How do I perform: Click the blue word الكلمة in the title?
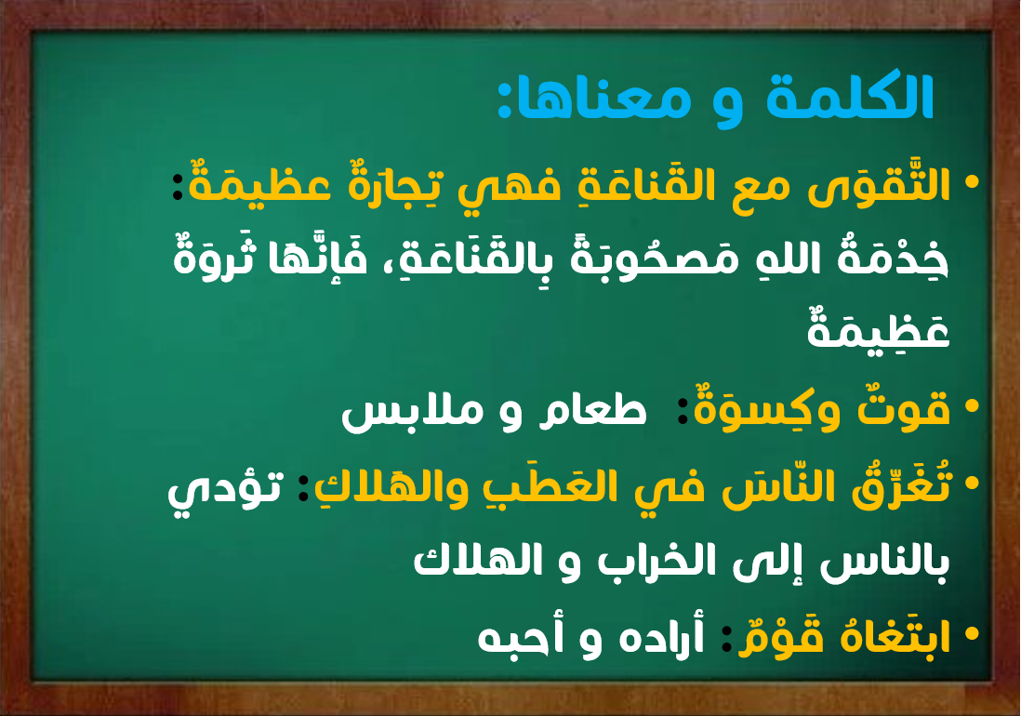(851, 98)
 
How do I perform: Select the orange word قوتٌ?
(904, 408)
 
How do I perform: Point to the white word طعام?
(592, 411)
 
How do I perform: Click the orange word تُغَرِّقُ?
(901, 485)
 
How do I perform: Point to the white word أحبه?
(511, 638)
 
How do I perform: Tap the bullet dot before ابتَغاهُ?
(972, 632)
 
